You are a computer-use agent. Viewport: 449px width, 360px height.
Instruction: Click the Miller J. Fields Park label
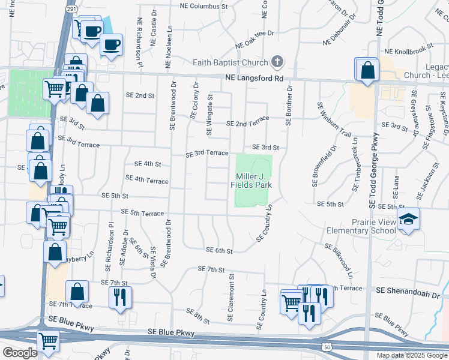252,180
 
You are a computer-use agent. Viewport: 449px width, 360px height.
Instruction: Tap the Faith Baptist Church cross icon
277,62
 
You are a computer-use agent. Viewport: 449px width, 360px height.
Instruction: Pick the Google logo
20,353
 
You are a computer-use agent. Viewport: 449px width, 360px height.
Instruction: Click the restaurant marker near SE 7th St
119,297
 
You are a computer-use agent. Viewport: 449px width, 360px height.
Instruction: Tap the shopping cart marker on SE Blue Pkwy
48,341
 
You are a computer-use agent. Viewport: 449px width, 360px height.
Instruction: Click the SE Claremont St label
230,298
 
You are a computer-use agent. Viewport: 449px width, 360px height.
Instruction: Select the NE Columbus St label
205,6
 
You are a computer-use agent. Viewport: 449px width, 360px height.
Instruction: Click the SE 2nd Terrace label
247,123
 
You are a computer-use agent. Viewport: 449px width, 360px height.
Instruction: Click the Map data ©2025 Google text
411,355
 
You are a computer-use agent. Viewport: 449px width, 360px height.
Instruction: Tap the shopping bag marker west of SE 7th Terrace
78,292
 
